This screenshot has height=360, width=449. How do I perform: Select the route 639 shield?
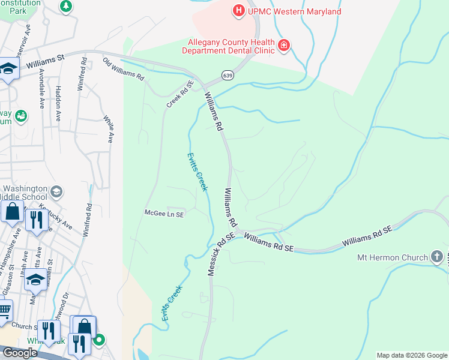point(227,75)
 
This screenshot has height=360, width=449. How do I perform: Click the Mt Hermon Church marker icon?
point(438,257)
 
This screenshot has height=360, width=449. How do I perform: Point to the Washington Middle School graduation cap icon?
point(56,191)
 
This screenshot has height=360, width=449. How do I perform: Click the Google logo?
point(19,353)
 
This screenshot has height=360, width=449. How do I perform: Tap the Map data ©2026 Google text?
point(411,355)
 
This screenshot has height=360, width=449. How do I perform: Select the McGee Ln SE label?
point(164,213)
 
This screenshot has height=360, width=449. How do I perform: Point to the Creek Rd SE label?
point(181,95)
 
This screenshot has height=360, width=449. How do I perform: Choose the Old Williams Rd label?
point(123,70)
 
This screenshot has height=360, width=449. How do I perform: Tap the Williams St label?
point(44,61)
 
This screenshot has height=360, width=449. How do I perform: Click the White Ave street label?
point(109,129)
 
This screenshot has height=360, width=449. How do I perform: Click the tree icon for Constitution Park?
point(65,7)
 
